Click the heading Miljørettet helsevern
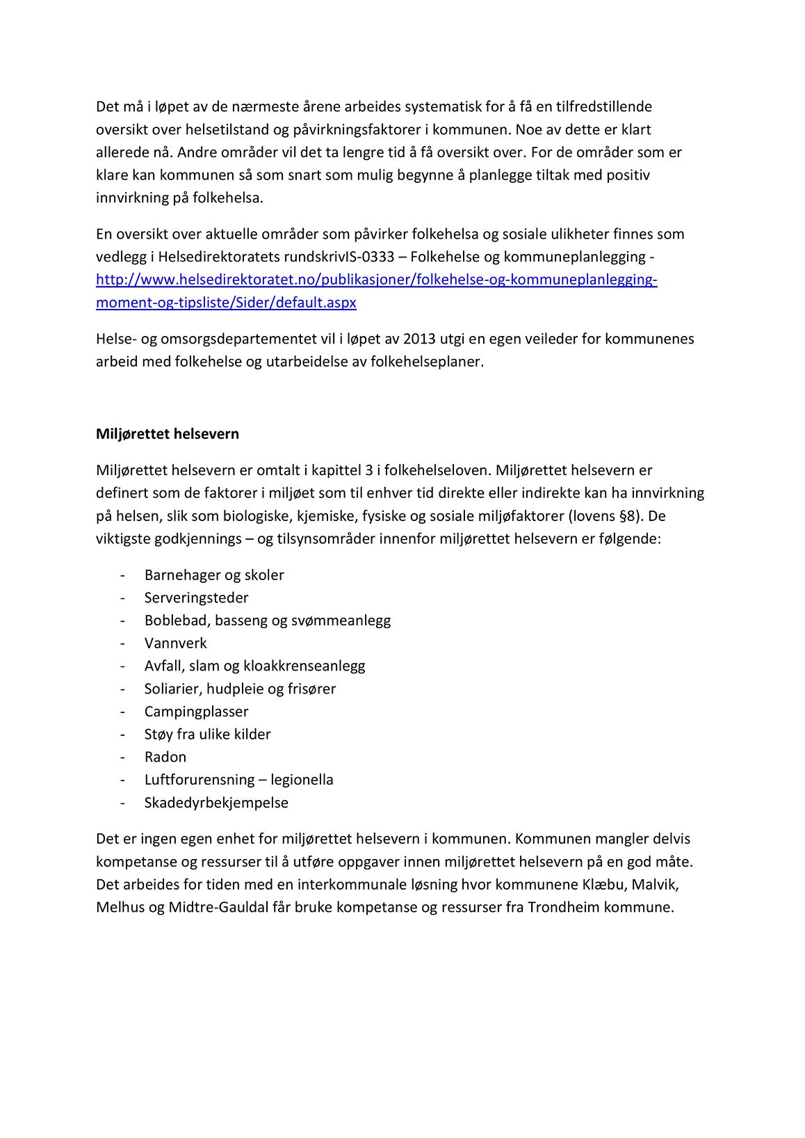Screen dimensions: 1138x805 click(167, 434)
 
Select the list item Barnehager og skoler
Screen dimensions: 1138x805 click(214, 575)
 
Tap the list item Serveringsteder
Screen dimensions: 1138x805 click(196, 598)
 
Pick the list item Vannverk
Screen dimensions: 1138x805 click(175, 643)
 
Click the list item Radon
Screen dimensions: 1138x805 click(165, 758)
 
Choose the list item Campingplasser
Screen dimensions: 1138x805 click(196, 712)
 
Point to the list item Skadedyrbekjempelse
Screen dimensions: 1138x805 click(216, 803)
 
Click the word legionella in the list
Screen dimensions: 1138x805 click(302, 780)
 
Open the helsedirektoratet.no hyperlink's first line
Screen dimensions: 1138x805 click(376, 280)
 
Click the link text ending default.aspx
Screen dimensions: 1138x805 click(226, 303)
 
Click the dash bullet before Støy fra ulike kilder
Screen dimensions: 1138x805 click(122, 735)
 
